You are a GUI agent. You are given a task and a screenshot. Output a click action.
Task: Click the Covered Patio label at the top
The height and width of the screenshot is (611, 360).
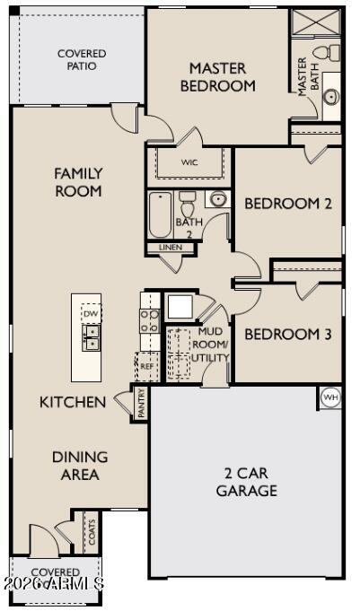click(82, 60)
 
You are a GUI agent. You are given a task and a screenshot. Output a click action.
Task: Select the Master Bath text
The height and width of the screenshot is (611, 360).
click(303, 76)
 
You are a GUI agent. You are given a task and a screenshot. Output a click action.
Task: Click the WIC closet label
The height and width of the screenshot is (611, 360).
click(189, 162)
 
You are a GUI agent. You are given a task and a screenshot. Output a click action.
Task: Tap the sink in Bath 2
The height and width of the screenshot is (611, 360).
click(218, 199)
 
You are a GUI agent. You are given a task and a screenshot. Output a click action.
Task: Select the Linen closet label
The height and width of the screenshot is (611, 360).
click(170, 247)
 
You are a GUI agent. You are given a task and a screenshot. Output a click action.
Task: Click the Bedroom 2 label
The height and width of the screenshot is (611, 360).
click(288, 204)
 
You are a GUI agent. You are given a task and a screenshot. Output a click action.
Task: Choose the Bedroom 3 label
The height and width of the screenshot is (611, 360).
click(288, 335)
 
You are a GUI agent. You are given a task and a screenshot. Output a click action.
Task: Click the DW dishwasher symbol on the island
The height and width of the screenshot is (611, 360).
click(91, 313)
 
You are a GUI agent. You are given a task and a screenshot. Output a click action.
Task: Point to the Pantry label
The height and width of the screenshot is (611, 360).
click(142, 401)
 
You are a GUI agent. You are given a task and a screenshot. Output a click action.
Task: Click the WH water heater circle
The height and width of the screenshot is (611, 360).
click(330, 397)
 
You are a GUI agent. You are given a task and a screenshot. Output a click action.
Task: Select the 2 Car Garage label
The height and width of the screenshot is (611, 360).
click(246, 482)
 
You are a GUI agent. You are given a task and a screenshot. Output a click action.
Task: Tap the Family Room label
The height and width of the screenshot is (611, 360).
click(78, 182)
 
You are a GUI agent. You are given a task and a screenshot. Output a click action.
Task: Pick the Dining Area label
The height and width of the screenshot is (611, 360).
click(80, 466)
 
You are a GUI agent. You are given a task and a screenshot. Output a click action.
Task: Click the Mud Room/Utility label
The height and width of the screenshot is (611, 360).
click(213, 345)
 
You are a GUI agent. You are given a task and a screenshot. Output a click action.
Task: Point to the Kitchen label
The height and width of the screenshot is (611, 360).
click(73, 402)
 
